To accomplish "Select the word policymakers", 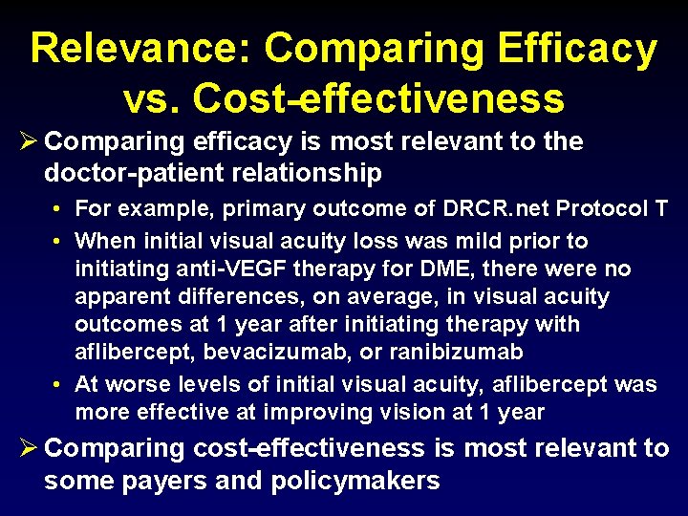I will pyautogui.click(x=356, y=480).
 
